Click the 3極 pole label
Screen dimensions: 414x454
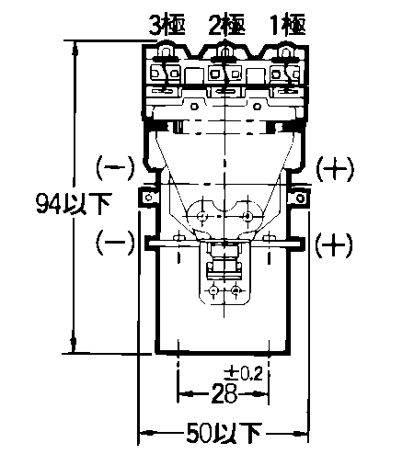tap(167, 25)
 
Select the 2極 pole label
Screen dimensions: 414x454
tap(227, 25)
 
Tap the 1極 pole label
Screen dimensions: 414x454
tap(288, 25)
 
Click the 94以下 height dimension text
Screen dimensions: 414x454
tap(73, 203)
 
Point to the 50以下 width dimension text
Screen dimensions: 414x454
tap(224, 433)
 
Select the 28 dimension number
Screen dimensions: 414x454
tap(224, 393)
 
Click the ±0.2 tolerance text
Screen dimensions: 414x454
tap(243, 374)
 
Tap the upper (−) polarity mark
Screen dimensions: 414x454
tap(115, 168)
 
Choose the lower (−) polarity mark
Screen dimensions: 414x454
tap(115, 243)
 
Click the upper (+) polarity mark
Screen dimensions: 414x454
tap(335, 169)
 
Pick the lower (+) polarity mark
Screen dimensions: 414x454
tap(334, 244)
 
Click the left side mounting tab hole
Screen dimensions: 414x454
tap(149, 198)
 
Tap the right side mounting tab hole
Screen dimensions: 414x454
tap(301, 198)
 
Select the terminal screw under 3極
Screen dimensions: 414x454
tap(166, 51)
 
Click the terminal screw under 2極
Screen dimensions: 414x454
tap(224, 51)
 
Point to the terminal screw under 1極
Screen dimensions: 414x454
tap(286, 51)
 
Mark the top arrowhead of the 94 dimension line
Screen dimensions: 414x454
tap(74, 49)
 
